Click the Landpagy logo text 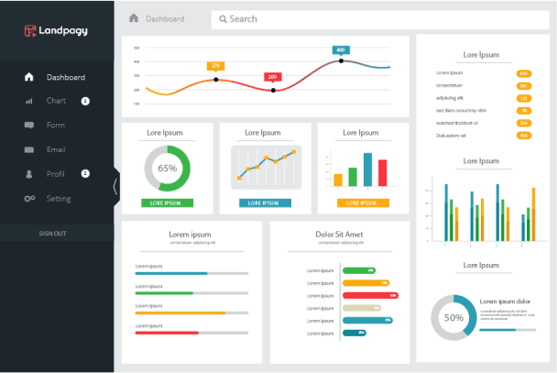63,30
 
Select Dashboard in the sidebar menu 65,77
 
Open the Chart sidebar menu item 56,101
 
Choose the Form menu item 55,125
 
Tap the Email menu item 56,149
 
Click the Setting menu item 59,198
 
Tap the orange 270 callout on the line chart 216,65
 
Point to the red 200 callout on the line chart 273,77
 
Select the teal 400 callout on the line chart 341,49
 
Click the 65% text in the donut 168,169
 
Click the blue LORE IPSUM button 265,203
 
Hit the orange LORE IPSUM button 363,203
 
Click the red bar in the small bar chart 382,172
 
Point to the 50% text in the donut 453,318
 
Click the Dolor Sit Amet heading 340,235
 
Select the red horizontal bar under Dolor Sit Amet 370,295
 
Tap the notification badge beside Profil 85,173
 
